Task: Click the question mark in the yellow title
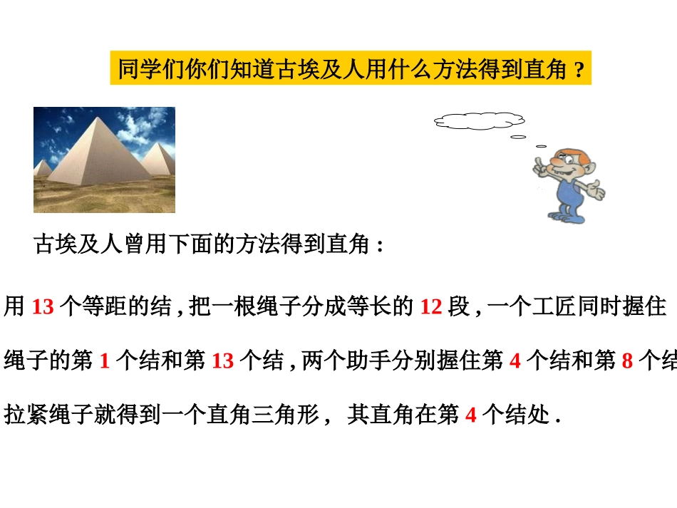tap(579, 71)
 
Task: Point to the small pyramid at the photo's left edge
tap(41, 168)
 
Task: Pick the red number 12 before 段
tap(431, 308)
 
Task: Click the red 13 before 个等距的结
tap(43, 308)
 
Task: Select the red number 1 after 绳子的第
tap(104, 361)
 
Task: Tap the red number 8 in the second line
tap(627, 361)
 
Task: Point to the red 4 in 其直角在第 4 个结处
tap(470, 415)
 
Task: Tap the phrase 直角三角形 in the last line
tap(264, 414)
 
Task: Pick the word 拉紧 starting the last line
tap(26, 414)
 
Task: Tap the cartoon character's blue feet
tap(564, 213)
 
